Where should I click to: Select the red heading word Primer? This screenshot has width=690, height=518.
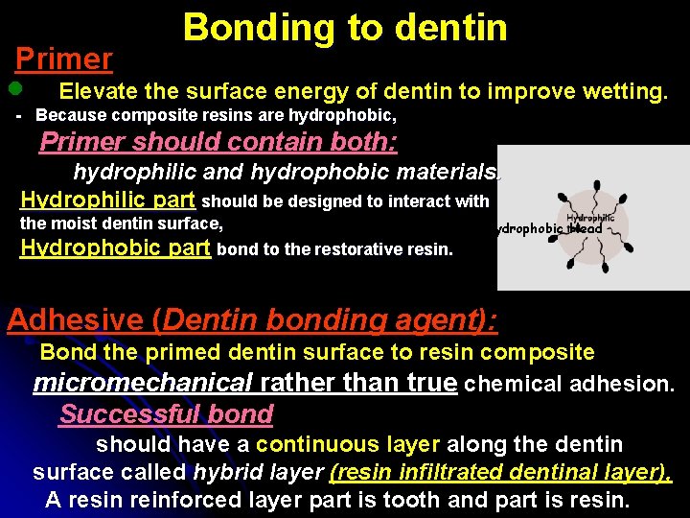coord(64,59)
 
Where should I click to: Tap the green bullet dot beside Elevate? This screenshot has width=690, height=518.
coord(14,89)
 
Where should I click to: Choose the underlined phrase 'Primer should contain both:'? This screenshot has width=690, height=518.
coord(218,143)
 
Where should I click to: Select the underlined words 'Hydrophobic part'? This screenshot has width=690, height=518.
coord(115,247)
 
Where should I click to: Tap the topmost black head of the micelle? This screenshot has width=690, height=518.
coord(596,186)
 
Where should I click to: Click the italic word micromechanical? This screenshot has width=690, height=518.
coord(143,384)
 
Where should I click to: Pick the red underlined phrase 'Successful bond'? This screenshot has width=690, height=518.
coord(166,414)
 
